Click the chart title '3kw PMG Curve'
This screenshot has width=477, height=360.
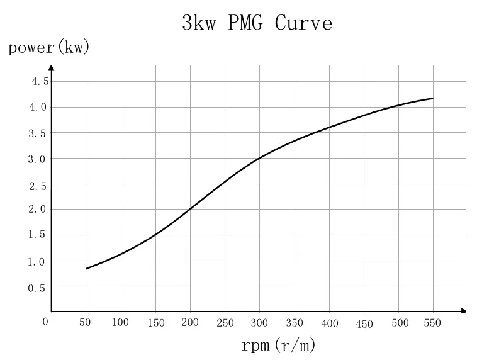point(256,23)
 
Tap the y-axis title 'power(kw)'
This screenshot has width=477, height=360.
point(49,48)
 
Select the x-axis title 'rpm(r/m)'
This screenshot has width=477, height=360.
point(278,346)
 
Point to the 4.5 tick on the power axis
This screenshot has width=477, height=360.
point(40,81)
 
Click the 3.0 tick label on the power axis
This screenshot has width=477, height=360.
point(36,159)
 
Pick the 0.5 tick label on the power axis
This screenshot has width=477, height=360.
point(36,288)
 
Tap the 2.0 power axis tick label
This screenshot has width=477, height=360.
point(36,210)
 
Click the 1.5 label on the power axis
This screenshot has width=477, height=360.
point(36,235)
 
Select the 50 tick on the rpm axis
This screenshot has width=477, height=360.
point(85,322)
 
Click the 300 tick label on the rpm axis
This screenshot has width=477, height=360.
point(259,323)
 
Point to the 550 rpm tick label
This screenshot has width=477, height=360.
point(433,322)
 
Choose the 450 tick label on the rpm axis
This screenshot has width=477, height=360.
point(364,324)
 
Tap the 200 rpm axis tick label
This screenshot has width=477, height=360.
point(189,322)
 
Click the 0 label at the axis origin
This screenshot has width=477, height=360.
point(45,322)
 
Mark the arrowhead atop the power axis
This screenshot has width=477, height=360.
point(52,67)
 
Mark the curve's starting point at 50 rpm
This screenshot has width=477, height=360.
point(86,269)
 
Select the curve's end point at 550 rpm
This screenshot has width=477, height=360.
point(433,98)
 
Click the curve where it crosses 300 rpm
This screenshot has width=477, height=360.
point(259,158)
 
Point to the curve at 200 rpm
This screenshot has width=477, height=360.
point(190,209)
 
